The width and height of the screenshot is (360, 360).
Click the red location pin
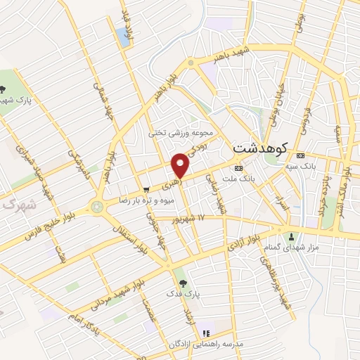click(181, 165)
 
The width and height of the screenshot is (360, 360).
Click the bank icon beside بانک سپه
click(301, 155)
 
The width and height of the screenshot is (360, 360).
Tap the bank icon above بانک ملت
click(238, 168)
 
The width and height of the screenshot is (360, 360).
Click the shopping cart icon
click(146, 189)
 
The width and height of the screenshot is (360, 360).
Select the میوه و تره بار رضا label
click(145, 200)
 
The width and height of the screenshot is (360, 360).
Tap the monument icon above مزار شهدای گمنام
click(292, 236)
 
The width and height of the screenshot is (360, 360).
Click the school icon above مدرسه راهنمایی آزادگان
click(206, 333)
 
